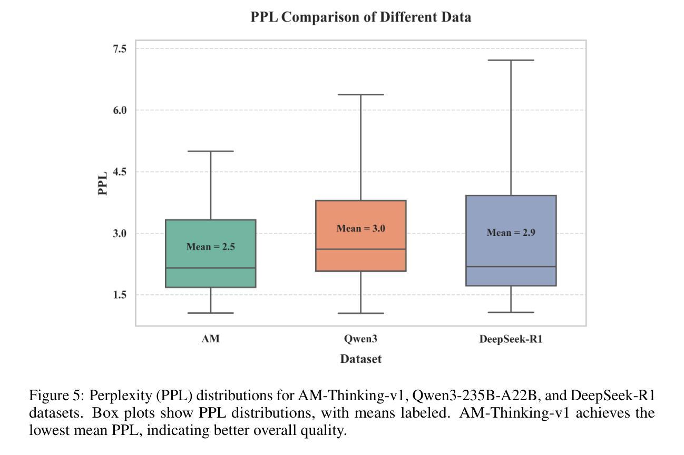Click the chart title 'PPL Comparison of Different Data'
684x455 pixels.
point(360,17)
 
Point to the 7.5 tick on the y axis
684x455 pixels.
point(120,49)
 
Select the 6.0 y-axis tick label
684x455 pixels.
point(120,110)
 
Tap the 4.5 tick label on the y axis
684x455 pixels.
point(120,172)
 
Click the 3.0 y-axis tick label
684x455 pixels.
point(120,233)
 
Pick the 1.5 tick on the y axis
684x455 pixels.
point(120,295)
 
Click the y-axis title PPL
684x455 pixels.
point(103,183)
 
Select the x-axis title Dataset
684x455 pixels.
point(360,359)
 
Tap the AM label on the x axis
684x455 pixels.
point(210,339)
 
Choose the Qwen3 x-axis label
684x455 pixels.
point(360,339)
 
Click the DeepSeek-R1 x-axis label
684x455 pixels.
point(511,339)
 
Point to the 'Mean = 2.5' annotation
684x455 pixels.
point(210,246)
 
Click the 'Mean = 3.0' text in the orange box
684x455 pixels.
point(360,229)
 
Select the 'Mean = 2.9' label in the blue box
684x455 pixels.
point(511,233)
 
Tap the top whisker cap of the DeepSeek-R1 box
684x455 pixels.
point(511,60)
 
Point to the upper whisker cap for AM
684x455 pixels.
point(210,151)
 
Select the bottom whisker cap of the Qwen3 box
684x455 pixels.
point(360,313)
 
